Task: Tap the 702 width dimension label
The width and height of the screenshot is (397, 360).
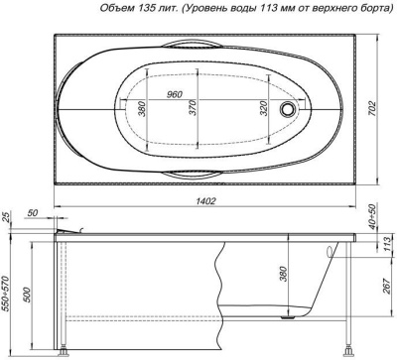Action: (x=372, y=108)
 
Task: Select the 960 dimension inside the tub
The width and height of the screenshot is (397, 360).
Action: (x=174, y=94)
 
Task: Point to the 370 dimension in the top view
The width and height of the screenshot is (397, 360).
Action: (x=193, y=107)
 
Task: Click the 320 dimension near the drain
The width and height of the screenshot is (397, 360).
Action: (x=263, y=107)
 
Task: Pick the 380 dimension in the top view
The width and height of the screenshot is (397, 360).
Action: (x=142, y=108)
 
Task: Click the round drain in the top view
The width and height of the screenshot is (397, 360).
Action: (x=287, y=108)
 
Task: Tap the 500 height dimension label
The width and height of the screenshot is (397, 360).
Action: (x=27, y=295)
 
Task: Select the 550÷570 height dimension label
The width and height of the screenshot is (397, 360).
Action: (x=6, y=294)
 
